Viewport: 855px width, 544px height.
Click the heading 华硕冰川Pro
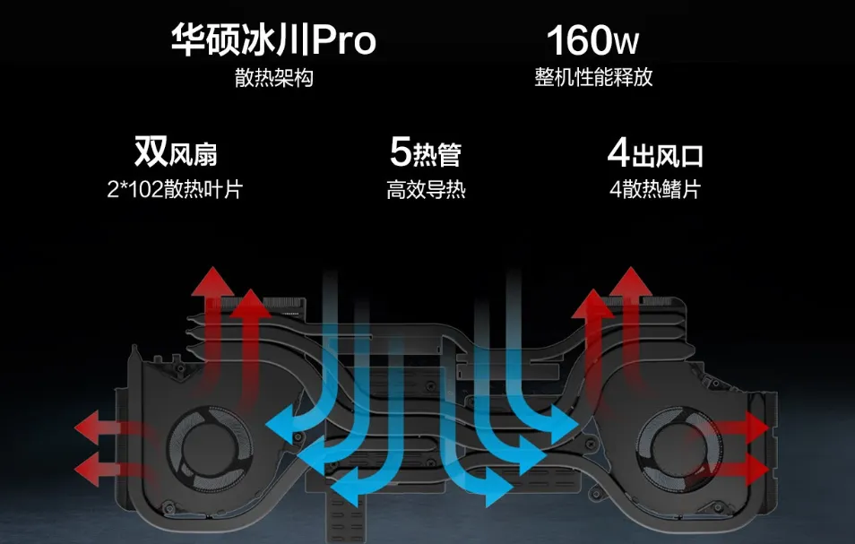273,40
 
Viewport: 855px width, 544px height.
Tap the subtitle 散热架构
273,79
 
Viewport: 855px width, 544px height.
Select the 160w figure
592,40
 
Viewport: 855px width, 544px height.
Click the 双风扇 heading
176,153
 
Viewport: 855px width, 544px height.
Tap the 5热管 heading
426,153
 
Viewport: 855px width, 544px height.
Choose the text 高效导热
426,190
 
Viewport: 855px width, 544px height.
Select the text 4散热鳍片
654,190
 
